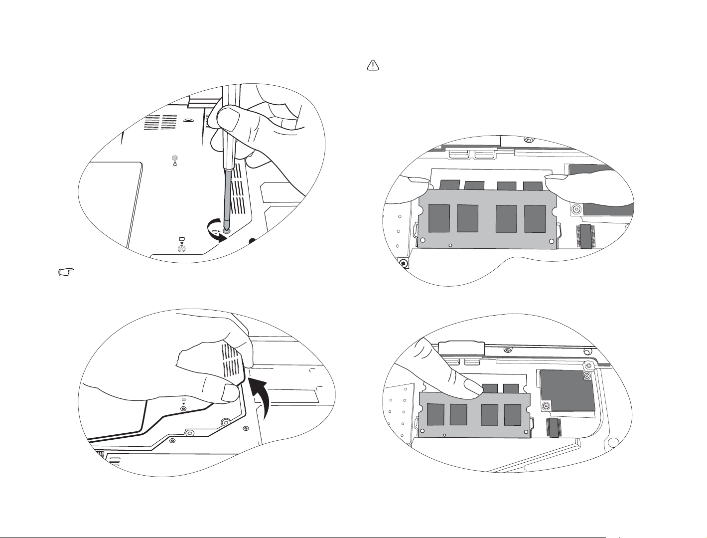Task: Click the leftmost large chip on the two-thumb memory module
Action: coord(439,218)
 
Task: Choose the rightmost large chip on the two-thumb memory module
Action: coord(535,218)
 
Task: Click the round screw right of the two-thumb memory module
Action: coord(576,209)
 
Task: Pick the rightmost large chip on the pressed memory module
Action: coord(512,415)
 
